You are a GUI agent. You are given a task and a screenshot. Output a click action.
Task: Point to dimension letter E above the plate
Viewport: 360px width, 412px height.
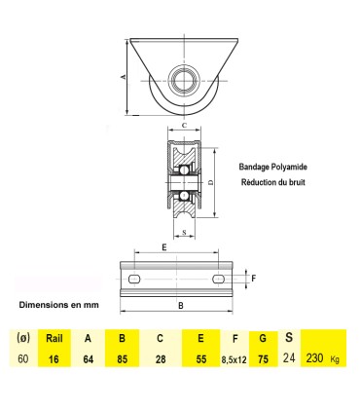tap(162, 248)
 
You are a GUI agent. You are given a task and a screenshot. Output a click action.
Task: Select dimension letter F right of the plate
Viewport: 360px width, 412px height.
tap(254, 278)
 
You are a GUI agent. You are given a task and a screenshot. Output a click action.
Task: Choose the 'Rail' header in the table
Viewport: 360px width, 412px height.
tap(54, 339)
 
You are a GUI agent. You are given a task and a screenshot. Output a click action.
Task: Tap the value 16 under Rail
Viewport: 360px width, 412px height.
tap(54, 358)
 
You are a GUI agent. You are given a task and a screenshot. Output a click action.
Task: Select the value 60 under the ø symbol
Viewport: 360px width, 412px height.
tap(22, 358)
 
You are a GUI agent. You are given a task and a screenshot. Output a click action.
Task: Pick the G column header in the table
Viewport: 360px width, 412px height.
tap(263, 339)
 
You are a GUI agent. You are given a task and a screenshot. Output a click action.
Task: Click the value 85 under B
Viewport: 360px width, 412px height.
tap(123, 358)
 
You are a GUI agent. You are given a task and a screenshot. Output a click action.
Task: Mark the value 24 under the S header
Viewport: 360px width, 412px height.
tap(288, 357)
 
